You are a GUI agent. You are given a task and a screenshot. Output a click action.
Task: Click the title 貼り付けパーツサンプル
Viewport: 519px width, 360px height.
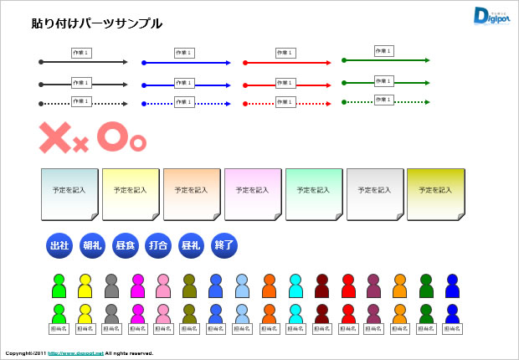(x=96, y=23)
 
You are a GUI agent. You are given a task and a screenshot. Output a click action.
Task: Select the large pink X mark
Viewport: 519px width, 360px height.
(x=55, y=138)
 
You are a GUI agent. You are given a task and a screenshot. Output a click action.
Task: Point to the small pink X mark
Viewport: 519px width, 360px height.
(x=81, y=145)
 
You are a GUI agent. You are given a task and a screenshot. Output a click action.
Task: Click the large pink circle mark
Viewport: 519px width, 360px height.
(x=112, y=136)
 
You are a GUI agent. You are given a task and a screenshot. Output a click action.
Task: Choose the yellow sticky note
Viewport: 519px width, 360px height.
(x=131, y=193)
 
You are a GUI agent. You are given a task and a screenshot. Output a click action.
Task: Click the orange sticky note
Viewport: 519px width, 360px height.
(x=192, y=193)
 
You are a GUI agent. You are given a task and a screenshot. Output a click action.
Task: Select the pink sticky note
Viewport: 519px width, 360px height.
(x=253, y=193)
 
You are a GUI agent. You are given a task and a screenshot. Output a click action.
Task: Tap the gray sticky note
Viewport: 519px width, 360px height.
(x=375, y=193)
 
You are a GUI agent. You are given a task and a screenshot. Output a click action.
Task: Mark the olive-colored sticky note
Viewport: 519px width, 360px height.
(x=435, y=193)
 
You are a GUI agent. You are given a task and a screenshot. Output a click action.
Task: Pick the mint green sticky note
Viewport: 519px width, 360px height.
(x=314, y=193)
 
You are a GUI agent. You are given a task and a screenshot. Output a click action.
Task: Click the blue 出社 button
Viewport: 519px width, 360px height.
(x=59, y=246)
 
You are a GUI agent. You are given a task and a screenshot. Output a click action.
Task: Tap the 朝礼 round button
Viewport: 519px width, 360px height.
(x=92, y=246)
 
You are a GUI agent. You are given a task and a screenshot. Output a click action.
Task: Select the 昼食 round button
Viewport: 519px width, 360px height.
(x=125, y=246)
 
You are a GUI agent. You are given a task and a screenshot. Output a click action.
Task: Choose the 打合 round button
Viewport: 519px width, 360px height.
(x=158, y=246)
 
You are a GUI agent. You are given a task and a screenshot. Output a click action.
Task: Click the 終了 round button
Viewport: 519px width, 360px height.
(x=224, y=246)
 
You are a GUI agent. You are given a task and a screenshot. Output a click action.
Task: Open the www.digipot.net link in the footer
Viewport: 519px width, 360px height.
(x=75, y=354)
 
